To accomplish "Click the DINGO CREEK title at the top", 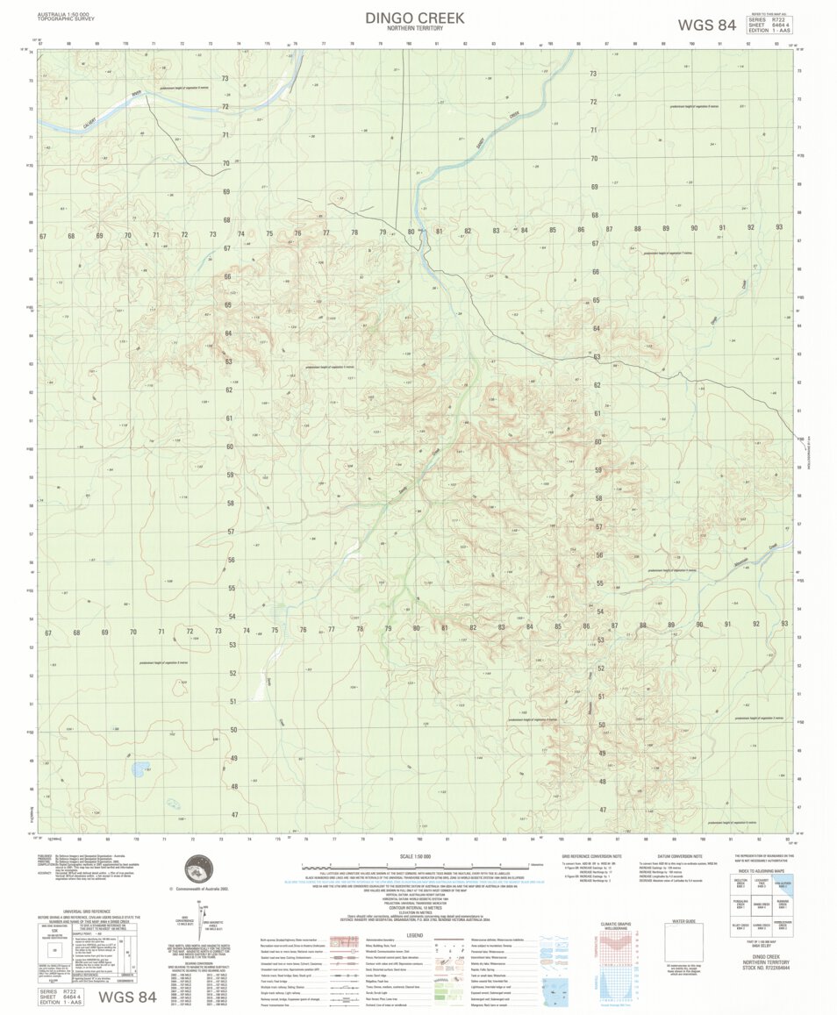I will point(415,18).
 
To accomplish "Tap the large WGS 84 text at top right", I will point(706,25).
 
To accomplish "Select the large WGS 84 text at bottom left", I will point(126,997).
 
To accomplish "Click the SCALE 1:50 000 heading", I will point(415,857).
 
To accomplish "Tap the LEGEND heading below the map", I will point(415,934).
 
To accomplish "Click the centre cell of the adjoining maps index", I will point(762,906).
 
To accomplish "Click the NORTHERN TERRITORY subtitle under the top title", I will point(415,29).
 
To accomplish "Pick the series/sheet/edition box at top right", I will point(768,25).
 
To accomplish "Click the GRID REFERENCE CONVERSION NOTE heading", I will point(592,856).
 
